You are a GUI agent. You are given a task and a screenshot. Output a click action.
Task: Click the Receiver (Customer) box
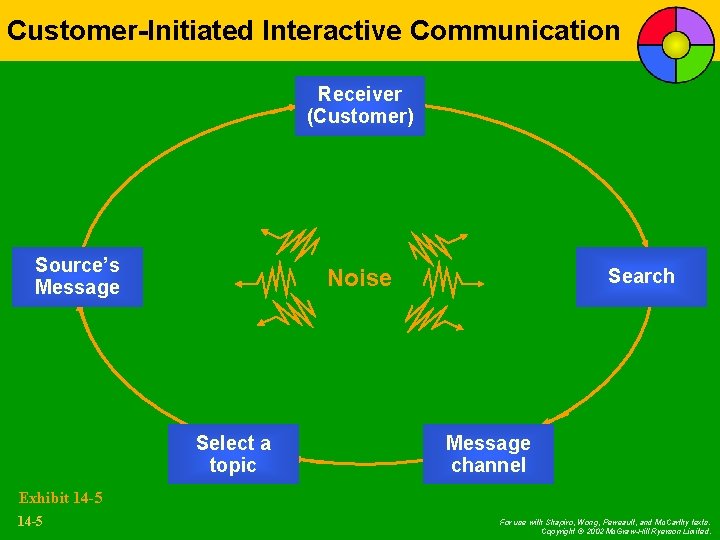click(x=359, y=106)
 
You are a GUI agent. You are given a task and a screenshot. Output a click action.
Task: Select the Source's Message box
click(x=77, y=276)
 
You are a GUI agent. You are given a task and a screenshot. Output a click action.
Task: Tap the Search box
click(x=641, y=276)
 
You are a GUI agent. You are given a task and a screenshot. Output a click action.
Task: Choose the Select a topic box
click(x=233, y=454)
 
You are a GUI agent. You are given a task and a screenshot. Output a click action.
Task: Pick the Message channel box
click(x=488, y=454)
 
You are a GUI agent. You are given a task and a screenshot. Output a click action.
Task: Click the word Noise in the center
click(x=360, y=278)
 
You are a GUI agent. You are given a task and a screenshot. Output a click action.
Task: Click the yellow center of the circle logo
click(x=676, y=45)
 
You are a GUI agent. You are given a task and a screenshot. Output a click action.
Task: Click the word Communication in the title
click(x=515, y=30)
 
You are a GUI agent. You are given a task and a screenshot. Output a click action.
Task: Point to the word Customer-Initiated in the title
click(x=130, y=30)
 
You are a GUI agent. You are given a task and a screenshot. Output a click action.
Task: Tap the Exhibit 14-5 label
click(x=60, y=497)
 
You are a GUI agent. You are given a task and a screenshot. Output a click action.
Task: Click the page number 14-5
click(x=31, y=521)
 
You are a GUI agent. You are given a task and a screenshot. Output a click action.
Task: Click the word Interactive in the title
click(x=332, y=30)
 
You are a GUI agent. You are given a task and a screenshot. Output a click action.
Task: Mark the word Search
click(x=641, y=276)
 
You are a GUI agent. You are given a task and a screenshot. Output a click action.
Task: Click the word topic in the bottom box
click(x=233, y=465)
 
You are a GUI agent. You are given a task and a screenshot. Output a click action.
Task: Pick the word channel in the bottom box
click(x=488, y=465)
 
